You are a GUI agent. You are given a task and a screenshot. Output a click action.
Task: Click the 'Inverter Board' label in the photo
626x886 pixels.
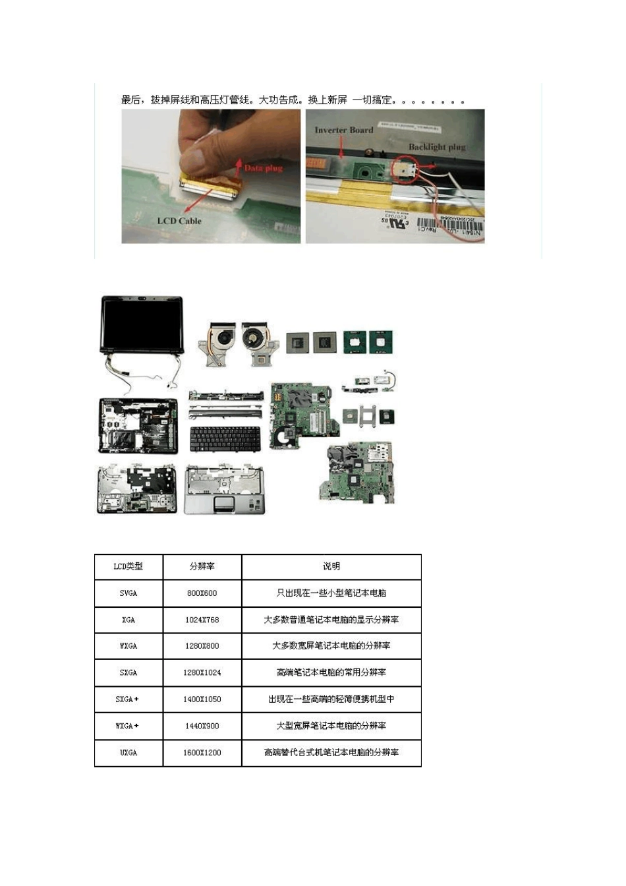[343, 130]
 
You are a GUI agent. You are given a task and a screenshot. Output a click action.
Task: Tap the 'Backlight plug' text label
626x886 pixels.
[437, 147]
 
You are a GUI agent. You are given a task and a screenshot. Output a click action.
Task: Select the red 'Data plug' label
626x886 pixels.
[263, 168]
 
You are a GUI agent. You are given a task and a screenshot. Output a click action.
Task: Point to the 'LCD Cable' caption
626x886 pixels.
[179, 221]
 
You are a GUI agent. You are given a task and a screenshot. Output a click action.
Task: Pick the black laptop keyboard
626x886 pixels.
[224, 439]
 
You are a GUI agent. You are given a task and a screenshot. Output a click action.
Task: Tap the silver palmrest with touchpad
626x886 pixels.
[225, 489]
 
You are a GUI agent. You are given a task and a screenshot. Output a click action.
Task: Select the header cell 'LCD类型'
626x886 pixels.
[128, 566]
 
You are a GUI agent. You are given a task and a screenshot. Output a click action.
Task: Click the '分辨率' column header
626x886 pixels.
[202, 566]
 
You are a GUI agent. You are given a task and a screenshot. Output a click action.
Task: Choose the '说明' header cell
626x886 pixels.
[331, 566]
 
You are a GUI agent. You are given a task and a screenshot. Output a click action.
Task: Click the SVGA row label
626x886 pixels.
[128, 593]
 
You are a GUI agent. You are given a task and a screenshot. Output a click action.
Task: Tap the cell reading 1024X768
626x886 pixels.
[202, 620]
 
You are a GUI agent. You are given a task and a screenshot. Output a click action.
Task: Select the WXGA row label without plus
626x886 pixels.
[128, 646]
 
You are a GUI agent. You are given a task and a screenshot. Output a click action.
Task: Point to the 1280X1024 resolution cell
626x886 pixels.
[202, 672]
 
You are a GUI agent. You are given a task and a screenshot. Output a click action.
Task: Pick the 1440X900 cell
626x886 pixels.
[202, 726]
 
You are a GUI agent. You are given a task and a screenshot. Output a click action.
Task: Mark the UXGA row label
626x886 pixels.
[128, 752]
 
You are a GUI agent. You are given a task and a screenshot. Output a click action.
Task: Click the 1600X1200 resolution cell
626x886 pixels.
[202, 752]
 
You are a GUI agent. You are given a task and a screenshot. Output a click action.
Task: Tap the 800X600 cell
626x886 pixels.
[202, 593]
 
